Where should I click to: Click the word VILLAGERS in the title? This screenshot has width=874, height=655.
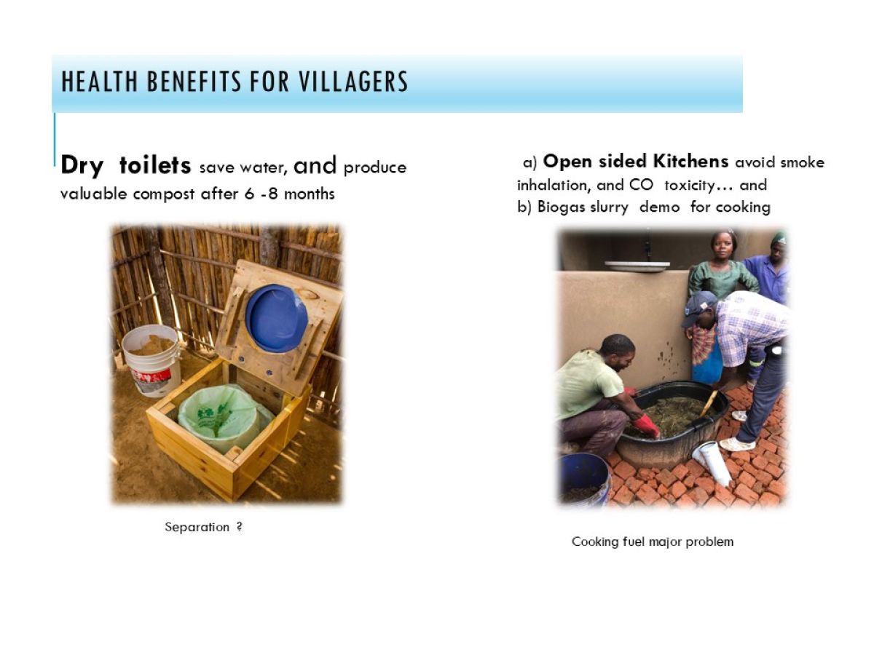pos(353,82)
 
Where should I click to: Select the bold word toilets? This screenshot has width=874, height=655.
pos(155,165)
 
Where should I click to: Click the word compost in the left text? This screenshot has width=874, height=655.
pos(164,195)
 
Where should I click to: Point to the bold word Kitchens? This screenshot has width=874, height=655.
pos(690,162)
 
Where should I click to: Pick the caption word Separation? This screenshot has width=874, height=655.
pos(197,528)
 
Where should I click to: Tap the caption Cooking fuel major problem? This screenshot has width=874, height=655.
pos(652,542)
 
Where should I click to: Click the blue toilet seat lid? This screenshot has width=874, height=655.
pos(276,318)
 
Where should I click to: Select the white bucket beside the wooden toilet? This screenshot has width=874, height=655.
pos(151,361)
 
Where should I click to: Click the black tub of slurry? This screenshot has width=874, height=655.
pos(672,424)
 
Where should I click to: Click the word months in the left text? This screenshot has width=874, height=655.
pos(309,194)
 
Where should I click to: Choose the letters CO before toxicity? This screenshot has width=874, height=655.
pos(641,186)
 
